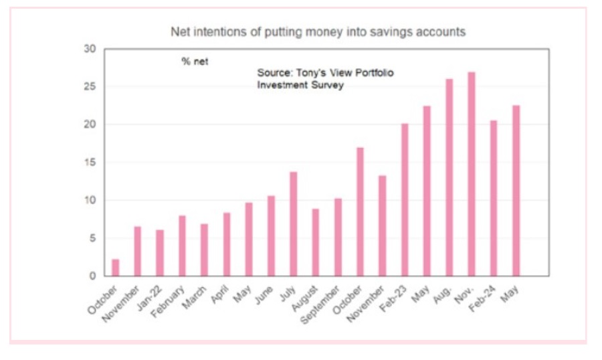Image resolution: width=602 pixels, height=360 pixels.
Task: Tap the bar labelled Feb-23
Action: point(404,200)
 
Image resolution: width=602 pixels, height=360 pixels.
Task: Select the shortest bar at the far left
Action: point(115,268)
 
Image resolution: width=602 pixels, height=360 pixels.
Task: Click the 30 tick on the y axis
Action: point(90,50)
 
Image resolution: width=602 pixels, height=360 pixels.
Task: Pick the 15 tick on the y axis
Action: point(90,163)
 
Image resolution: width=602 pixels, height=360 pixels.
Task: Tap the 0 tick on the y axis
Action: point(93,276)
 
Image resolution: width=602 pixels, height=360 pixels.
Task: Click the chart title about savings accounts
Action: point(318,31)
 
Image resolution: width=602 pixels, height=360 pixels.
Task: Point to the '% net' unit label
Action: point(195,61)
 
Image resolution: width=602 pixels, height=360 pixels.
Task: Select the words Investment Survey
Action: point(300,85)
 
